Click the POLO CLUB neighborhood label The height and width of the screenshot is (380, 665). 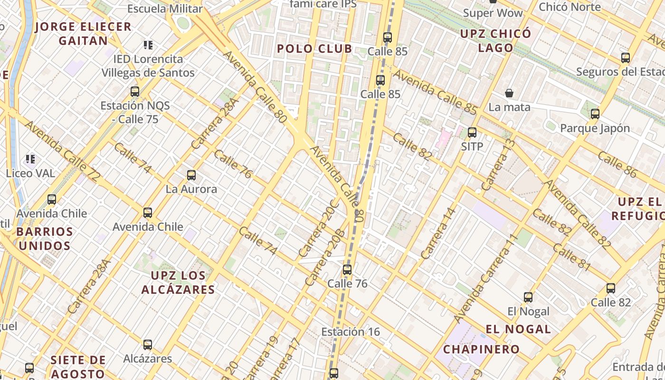314,48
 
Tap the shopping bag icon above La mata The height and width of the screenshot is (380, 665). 509,93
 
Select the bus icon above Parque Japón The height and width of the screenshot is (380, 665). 595,114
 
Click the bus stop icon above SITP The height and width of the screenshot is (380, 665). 472,133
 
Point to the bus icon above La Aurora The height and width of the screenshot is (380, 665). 191,175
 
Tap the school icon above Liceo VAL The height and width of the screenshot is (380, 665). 30,159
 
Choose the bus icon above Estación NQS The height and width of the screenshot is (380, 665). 135,92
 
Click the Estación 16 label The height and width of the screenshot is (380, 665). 351,332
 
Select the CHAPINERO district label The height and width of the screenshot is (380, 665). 481,350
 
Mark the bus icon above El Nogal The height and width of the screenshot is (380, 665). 528,297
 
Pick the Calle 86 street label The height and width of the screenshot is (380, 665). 617,164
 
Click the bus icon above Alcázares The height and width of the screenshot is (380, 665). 148,344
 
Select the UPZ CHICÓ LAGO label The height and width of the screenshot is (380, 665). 496,41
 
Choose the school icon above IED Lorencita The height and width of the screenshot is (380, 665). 148,45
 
